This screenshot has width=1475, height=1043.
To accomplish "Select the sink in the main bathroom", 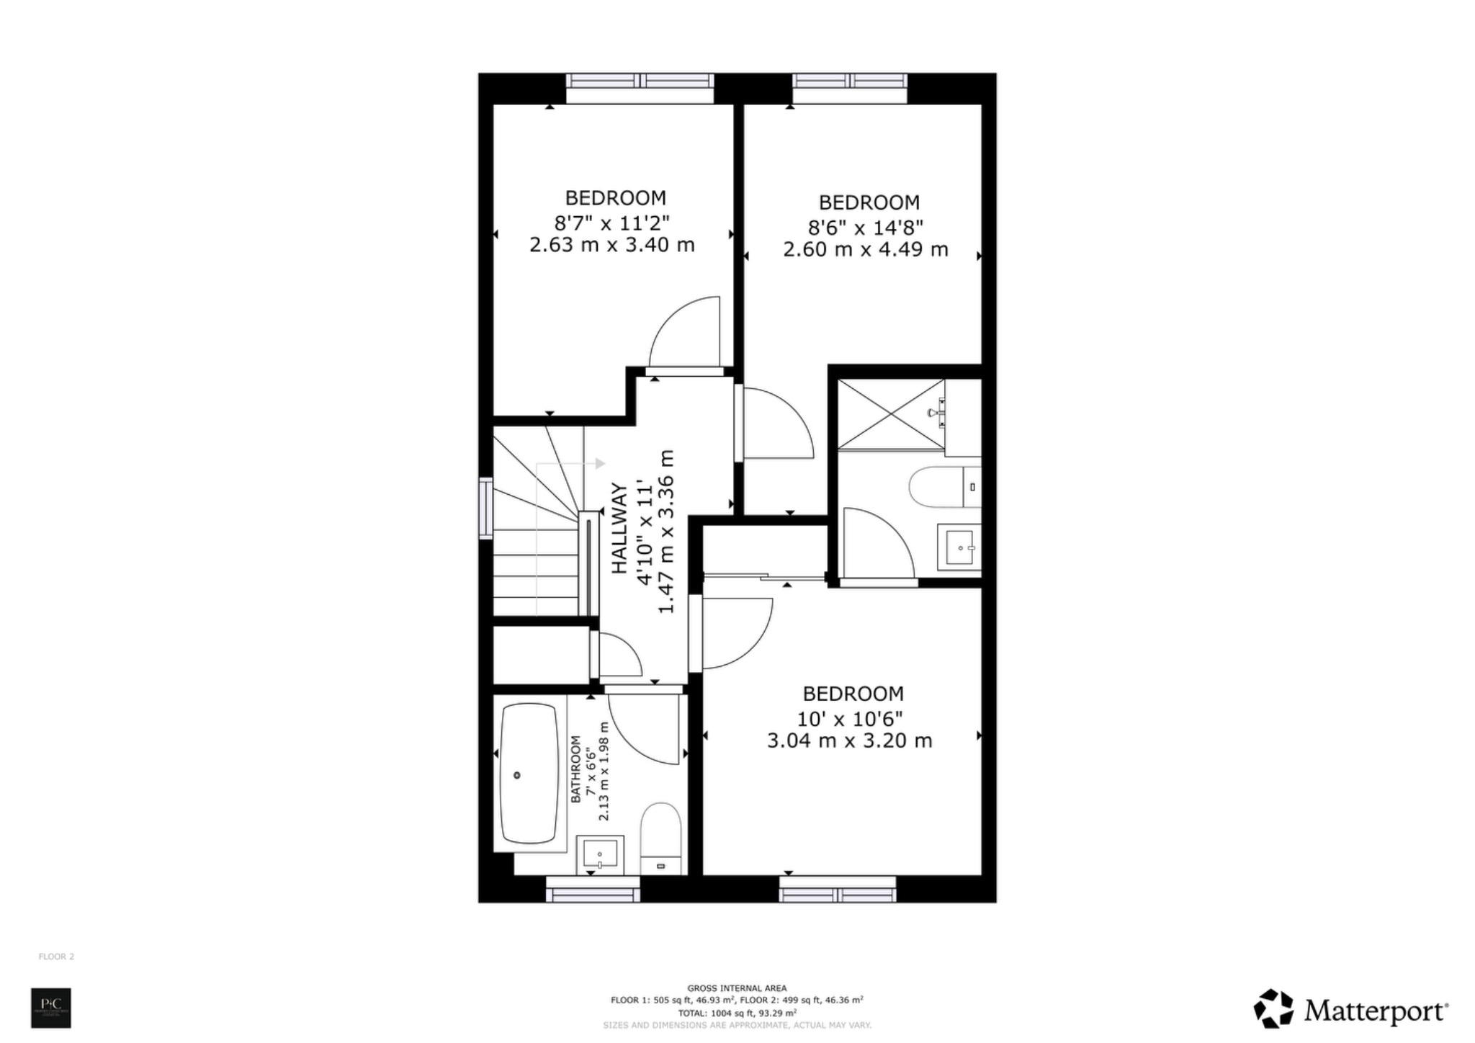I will [599, 855].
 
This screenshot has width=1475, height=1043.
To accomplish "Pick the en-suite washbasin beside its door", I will [959, 547].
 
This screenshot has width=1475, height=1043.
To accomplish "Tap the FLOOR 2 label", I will [56, 957].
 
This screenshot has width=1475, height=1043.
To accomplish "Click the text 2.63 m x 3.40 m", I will [611, 245].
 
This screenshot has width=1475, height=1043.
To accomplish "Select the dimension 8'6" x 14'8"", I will [865, 228].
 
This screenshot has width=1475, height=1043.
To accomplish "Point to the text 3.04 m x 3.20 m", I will [849, 740].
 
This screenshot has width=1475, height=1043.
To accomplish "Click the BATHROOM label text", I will [575, 769].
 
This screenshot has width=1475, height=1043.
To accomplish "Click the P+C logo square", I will [51, 1008].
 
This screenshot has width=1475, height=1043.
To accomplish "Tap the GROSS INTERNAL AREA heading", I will [737, 988].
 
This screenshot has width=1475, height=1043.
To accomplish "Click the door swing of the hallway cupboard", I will [618, 654].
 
